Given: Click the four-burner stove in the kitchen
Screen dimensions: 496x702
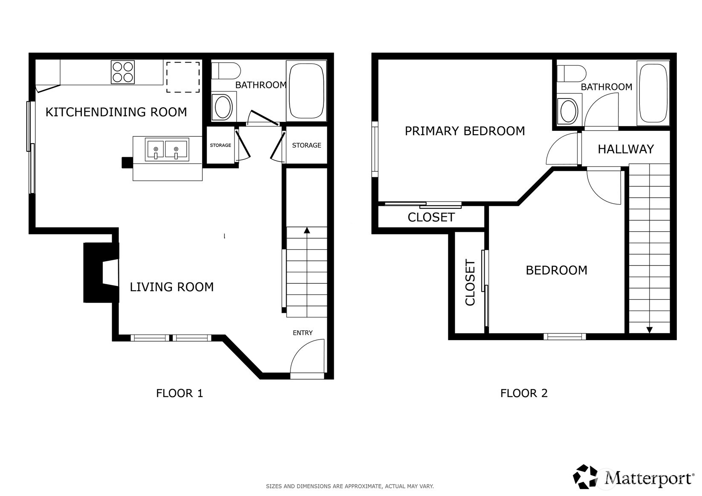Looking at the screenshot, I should [123, 72].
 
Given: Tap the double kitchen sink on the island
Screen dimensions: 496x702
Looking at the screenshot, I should [167, 150].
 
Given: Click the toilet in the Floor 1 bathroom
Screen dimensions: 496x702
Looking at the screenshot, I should [226, 70].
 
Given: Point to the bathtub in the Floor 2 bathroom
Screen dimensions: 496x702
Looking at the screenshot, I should [653, 93].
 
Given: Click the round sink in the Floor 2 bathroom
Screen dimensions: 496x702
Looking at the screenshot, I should [569, 110].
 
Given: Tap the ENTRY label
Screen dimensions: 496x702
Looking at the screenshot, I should [303, 333].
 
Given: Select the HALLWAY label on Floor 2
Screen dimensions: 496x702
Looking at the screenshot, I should [625, 149].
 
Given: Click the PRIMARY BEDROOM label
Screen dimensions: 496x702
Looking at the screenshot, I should [465, 131].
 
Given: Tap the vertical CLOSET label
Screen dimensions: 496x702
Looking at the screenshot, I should [470, 283].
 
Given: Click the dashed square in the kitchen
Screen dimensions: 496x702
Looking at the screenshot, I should [183, 77].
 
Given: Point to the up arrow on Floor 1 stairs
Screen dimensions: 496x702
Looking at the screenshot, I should [306, 231].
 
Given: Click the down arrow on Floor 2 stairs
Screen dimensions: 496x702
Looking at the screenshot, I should [649, 329].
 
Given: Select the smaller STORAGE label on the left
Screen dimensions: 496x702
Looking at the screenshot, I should [220, 145].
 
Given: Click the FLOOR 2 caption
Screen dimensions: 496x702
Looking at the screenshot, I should [523, 393].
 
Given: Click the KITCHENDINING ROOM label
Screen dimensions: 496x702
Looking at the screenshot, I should [116, 112].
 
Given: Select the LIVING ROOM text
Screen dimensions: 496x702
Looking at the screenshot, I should [171, 287].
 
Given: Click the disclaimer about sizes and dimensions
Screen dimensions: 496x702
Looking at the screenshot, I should [350, 486].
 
